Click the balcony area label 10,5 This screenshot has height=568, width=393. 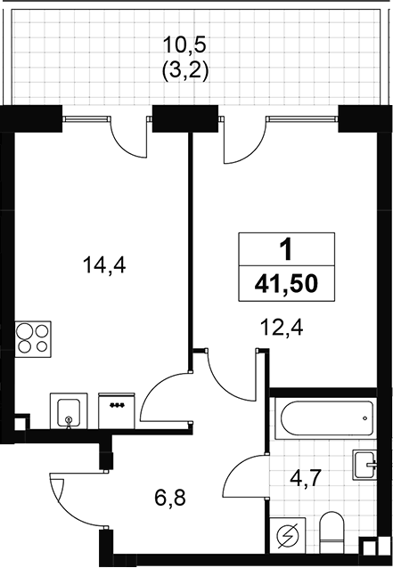[184, 45]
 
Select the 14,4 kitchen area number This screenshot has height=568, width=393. [104, 264]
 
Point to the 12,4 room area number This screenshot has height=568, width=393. [282, 328]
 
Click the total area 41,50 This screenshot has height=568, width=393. [286, 284]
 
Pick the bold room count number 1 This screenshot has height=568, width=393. [286, 250]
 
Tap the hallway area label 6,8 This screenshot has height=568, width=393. [170, 498]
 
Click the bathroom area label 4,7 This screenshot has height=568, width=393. [306, 478]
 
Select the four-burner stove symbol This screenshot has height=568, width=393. [33, 339]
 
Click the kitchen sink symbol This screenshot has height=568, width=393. [69, 410]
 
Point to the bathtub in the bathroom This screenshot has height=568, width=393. [327, 418]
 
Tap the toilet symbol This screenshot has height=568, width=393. [332, 532]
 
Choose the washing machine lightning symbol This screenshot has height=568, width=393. [288, 535]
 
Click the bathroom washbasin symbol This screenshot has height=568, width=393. [364, 465]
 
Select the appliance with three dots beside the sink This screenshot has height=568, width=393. [117, 410]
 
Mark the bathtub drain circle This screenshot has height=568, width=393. [365, 418]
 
